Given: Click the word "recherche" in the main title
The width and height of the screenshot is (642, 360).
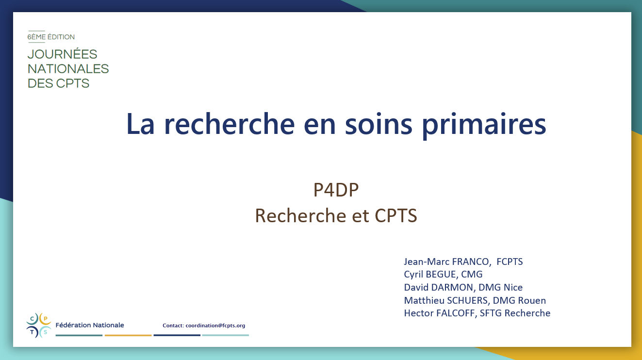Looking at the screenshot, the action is pyautogui.click(x=229, y=124).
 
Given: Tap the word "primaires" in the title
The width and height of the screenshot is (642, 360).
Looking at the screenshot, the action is pyautogui.click(x=484, y=126).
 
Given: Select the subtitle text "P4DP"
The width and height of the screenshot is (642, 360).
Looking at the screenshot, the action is pyautogui.click(x=336, y=190).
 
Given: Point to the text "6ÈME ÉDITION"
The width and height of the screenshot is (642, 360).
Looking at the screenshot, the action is pyautogui.click(x=51, y=37).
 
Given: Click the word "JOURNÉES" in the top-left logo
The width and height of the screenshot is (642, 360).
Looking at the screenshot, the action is pyautogui.click(x=62, y=54).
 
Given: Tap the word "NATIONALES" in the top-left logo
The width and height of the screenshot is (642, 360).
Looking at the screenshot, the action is pyautogui.click(x=68, y=69).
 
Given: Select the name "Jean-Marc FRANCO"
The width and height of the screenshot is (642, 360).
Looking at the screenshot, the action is pyautogui.click(x=446, y=262).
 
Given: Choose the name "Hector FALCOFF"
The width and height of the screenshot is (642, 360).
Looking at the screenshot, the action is pyautogui.click(x=439, y=313).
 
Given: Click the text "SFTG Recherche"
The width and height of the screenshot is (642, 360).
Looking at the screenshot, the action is pyautogui.click(x=515, y=313).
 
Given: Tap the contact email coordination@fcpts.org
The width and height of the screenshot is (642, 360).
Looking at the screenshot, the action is pyautogui.click(x=215, y=326).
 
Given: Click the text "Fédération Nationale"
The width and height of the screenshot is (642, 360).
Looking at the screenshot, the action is pyautogui.click(x=90, y=325).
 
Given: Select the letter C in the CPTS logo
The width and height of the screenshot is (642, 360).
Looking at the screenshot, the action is pyautogui.click(x=32, y=319).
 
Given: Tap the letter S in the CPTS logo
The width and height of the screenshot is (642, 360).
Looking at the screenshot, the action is pyautogui.click(x=45, y=332).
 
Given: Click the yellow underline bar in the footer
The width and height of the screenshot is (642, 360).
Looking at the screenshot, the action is pyautogui.click(x=128, y=335).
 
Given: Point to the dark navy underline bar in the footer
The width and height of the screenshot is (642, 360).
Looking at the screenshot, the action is pyautogui.click(x=177, y=335).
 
